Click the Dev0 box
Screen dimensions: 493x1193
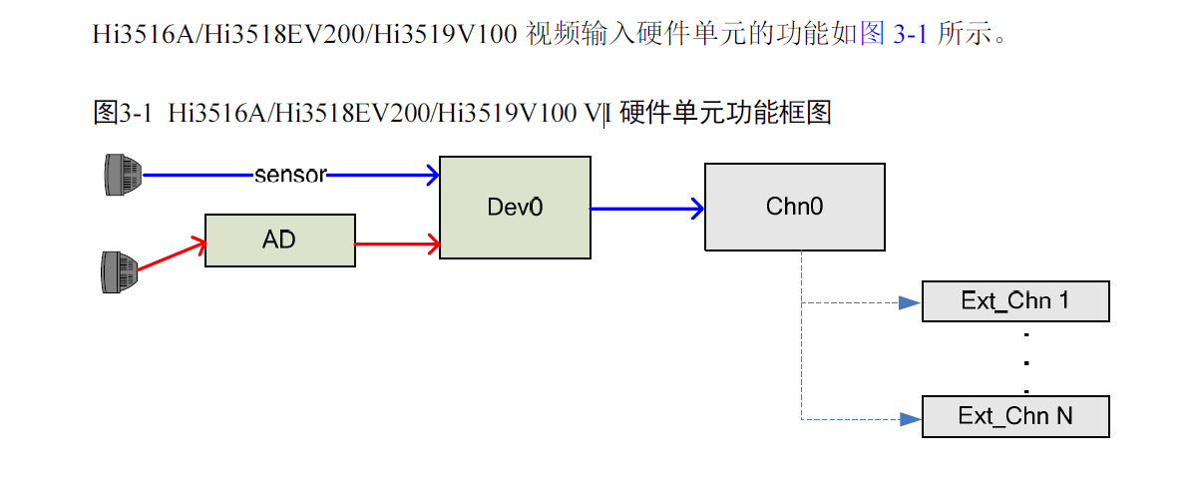(515, 207)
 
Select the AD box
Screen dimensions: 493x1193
(279, 241)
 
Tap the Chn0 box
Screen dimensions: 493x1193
(794, 207)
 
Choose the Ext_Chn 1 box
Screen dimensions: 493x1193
(1015, 301)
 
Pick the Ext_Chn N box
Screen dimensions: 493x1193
(1015, 417)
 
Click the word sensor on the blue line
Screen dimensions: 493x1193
(290, 175)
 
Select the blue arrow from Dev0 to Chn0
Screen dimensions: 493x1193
(647, 210)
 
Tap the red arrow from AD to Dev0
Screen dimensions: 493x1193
(397, 243)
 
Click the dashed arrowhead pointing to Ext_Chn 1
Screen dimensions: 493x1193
(908, 302)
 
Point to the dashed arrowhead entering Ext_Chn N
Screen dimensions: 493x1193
(908, 419)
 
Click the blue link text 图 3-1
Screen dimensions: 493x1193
(895, 37)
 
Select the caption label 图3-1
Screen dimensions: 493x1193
(122, 113)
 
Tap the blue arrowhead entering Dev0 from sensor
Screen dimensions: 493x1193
(431, 176)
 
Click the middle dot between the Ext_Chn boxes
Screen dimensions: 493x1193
(1026, 361)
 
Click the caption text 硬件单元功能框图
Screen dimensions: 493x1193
(726, 113)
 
